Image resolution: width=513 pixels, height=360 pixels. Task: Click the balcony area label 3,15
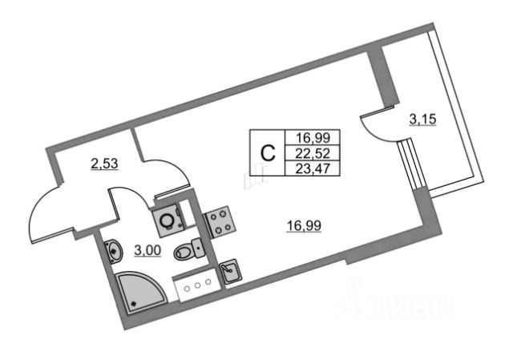click(x=422, y=119)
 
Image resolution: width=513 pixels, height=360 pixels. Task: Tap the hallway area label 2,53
click(x=104, y=164)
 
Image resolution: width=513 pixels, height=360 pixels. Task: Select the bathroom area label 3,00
click(x=147, y=250)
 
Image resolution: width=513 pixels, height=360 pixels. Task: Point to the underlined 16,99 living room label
click(x=304, y=225)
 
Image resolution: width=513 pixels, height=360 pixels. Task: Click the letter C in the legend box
click(x=268, y=153)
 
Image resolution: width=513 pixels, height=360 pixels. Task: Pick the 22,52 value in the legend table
click(x=313, y=153)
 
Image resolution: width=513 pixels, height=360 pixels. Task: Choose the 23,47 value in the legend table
click(x=313, y=169)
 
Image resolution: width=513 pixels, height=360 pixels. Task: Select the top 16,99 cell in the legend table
click(x=313, y=138)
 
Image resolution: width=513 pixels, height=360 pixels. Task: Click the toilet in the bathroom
click(x=189, y=249)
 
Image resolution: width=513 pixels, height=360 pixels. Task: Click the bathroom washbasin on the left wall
click(x=113, y=252)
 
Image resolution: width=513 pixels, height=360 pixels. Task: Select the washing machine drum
click(x=168, y=220)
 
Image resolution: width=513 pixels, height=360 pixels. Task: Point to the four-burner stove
click(x=219, y=222)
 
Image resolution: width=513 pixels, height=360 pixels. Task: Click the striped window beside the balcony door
click(x=411, y=164)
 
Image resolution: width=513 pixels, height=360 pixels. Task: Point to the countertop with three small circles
click(x=197, y=285)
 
